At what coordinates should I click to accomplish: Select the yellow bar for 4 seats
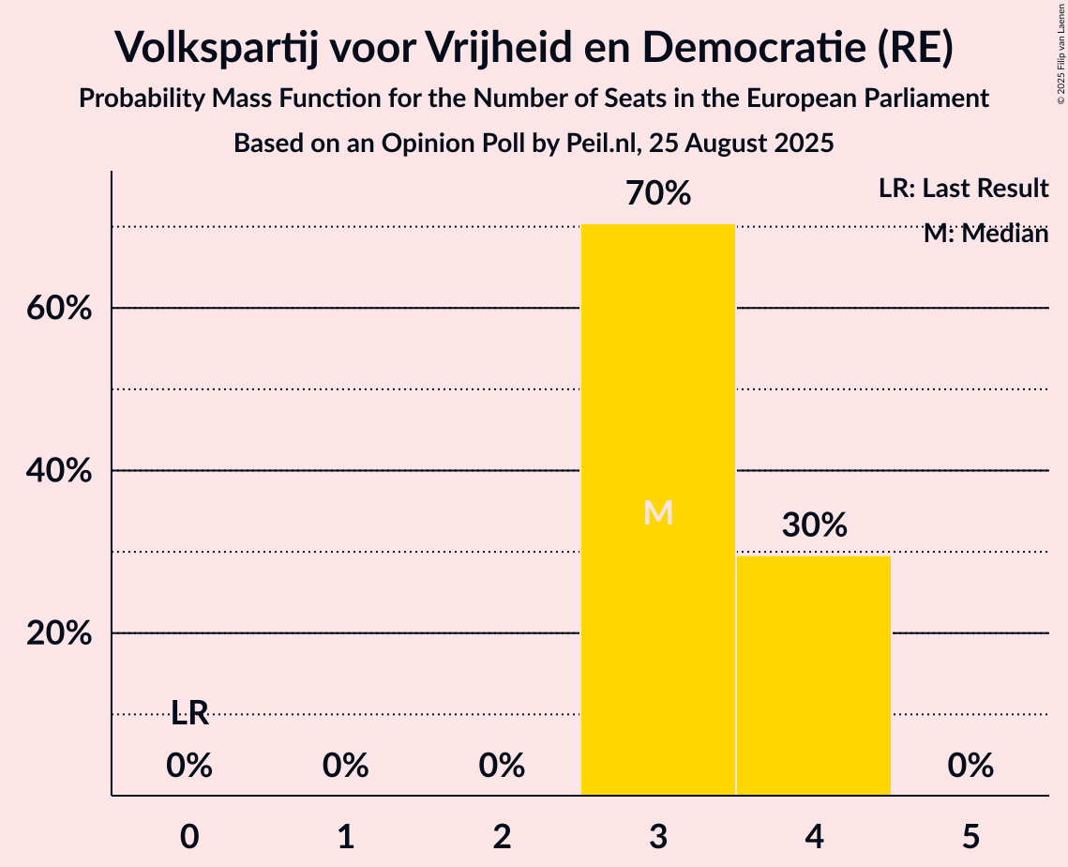pos(814,676)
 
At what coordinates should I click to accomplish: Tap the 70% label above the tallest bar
pos(658,194)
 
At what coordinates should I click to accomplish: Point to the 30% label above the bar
pos(814,525)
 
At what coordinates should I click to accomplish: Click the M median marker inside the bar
pos(658,512)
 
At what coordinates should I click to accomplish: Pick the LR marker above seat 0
pos(189,714)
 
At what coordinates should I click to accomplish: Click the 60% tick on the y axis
pos(59,309)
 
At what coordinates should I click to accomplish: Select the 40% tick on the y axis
pos(59,471)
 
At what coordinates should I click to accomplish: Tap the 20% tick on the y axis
pos(59,634)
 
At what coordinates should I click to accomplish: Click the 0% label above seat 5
pos(970,767)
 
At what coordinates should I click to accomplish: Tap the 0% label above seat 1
pos(346,767)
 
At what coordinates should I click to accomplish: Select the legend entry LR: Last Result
pos(963,189)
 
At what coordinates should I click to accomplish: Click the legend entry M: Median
pos(985,234)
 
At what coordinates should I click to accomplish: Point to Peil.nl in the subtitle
pos(618,144)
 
